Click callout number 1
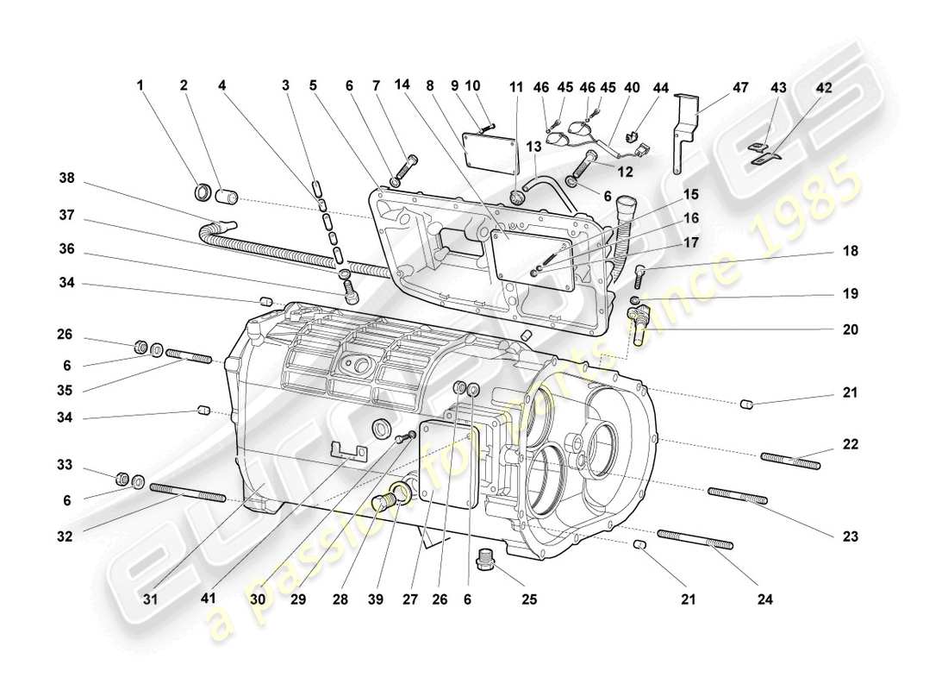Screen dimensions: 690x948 (139, 86)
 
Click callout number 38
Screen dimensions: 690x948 (66, 179)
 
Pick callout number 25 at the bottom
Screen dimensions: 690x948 (528, 598)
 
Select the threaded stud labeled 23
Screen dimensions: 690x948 (738, 496)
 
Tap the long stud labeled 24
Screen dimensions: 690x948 (695, 539)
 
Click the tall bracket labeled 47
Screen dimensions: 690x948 (683, 129)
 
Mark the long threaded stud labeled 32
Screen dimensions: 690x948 (188, 492)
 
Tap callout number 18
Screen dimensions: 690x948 (851, 251)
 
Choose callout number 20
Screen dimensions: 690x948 (851, 329)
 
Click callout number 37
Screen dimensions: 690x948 (66, 214)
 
